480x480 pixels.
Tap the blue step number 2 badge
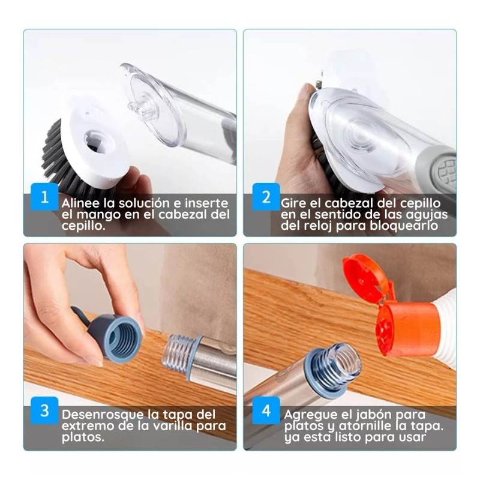[265, 196]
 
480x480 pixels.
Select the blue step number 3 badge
[43, 411]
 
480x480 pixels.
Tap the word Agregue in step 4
[310, 415]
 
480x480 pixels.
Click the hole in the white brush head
[96, 141]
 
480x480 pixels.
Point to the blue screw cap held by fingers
[118, 337]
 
